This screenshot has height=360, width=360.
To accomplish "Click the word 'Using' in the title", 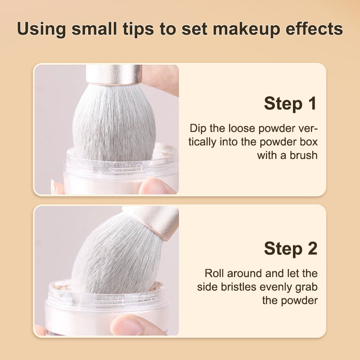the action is (41, 29).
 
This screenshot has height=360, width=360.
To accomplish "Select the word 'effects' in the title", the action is (314, 29).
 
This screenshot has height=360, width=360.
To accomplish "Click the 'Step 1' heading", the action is (290, 104).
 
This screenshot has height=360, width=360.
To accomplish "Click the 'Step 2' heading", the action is (291, 249).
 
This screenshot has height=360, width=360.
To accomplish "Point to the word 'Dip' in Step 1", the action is (198, 129).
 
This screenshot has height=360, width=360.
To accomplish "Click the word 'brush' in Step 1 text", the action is (303, 155).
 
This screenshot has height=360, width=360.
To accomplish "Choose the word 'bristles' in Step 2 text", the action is (238, 287).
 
